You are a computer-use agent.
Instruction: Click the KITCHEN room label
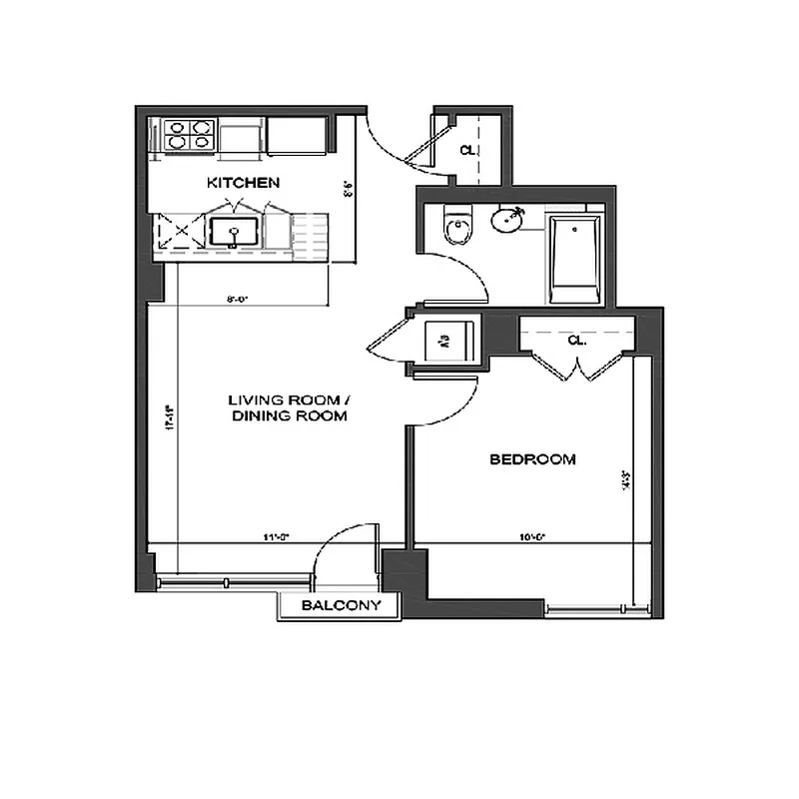[x=242, y=183]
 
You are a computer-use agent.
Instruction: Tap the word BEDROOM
[x=532, y=459]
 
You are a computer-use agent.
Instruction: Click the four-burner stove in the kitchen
[x=190, y=135]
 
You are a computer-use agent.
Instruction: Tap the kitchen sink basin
[x=235, y=233]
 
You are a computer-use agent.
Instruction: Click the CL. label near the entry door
[x=466, y=150]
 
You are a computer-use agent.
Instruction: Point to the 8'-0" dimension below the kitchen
[x=237, y=297]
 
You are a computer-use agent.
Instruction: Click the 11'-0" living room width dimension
[x=276, y=537]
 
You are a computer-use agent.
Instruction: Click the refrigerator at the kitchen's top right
[x=296, y=136]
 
